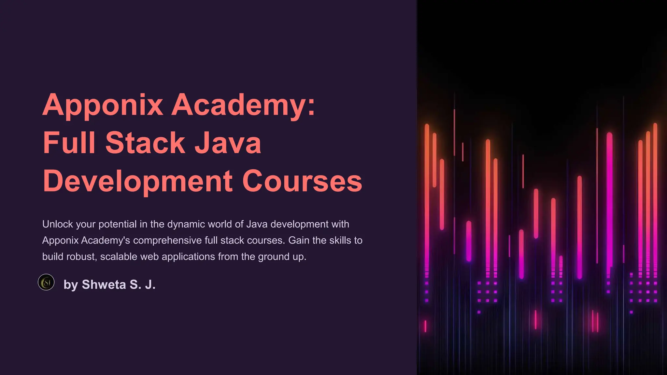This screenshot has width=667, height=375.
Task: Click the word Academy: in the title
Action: (x=243, y=105)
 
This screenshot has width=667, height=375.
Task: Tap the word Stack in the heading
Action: (x=145, y=143)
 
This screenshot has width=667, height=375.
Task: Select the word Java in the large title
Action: (x=228, y=143)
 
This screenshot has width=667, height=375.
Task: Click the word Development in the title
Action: (x=138, y=181)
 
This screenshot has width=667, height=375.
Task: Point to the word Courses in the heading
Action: (x=302, y=181)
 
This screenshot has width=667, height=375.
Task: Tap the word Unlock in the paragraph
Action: (x=58, y=224)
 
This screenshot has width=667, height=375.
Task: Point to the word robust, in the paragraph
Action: (x=81, y=257)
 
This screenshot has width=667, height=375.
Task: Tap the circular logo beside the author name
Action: (x=46, y=282)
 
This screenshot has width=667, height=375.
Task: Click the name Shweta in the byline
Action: (x=104, y=285)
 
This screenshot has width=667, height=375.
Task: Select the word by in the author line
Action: (x=71, y=285)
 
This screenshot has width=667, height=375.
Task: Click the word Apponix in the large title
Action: (x=103, y=105)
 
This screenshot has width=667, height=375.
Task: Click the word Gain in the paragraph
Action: (x=299, y=241)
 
